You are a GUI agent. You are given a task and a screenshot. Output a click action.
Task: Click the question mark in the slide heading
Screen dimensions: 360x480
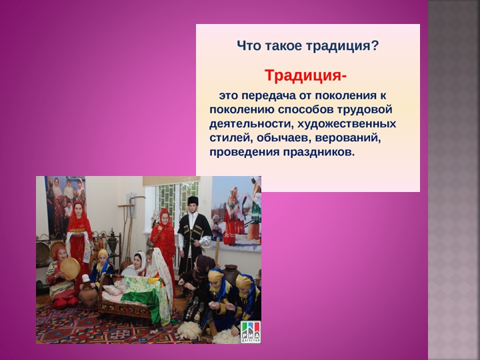(375, 46)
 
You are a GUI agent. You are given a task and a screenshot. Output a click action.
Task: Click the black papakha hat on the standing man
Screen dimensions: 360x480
(193, 201)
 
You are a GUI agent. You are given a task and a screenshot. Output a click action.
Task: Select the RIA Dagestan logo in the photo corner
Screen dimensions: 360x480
(250, 331)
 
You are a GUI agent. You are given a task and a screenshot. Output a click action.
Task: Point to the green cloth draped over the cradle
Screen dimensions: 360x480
(144, 291)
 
